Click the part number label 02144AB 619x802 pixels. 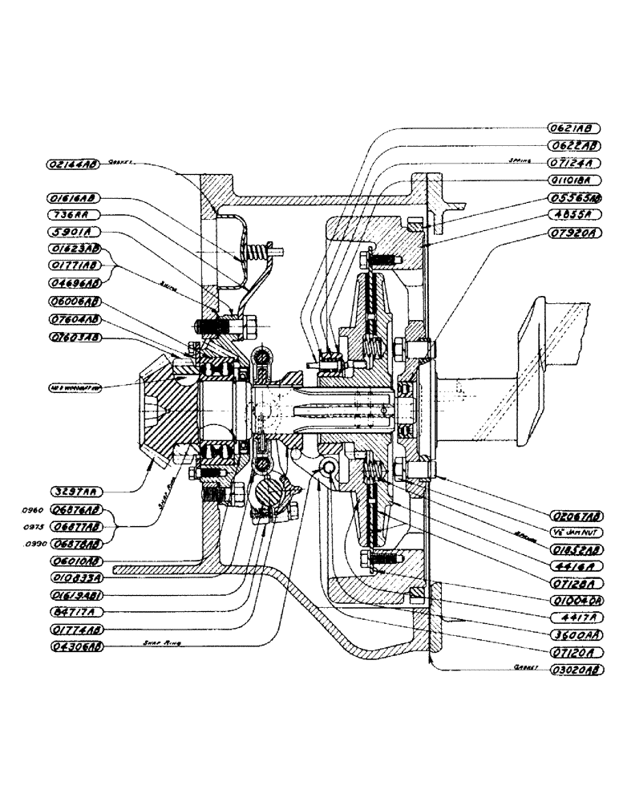coord(73,164)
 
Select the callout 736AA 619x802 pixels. coord(72,215)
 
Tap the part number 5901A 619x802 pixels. coord(72,232)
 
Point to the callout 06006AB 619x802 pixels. coord(73,302)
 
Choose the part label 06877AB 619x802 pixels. coord(73,527)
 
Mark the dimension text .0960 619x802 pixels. coord(31,509)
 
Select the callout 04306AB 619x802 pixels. coord(73,642)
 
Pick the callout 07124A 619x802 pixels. coord(572,164)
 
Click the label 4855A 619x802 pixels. coord(572,215)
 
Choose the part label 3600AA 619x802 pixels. coord(572,634)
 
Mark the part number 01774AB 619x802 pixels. coord(73,626)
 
